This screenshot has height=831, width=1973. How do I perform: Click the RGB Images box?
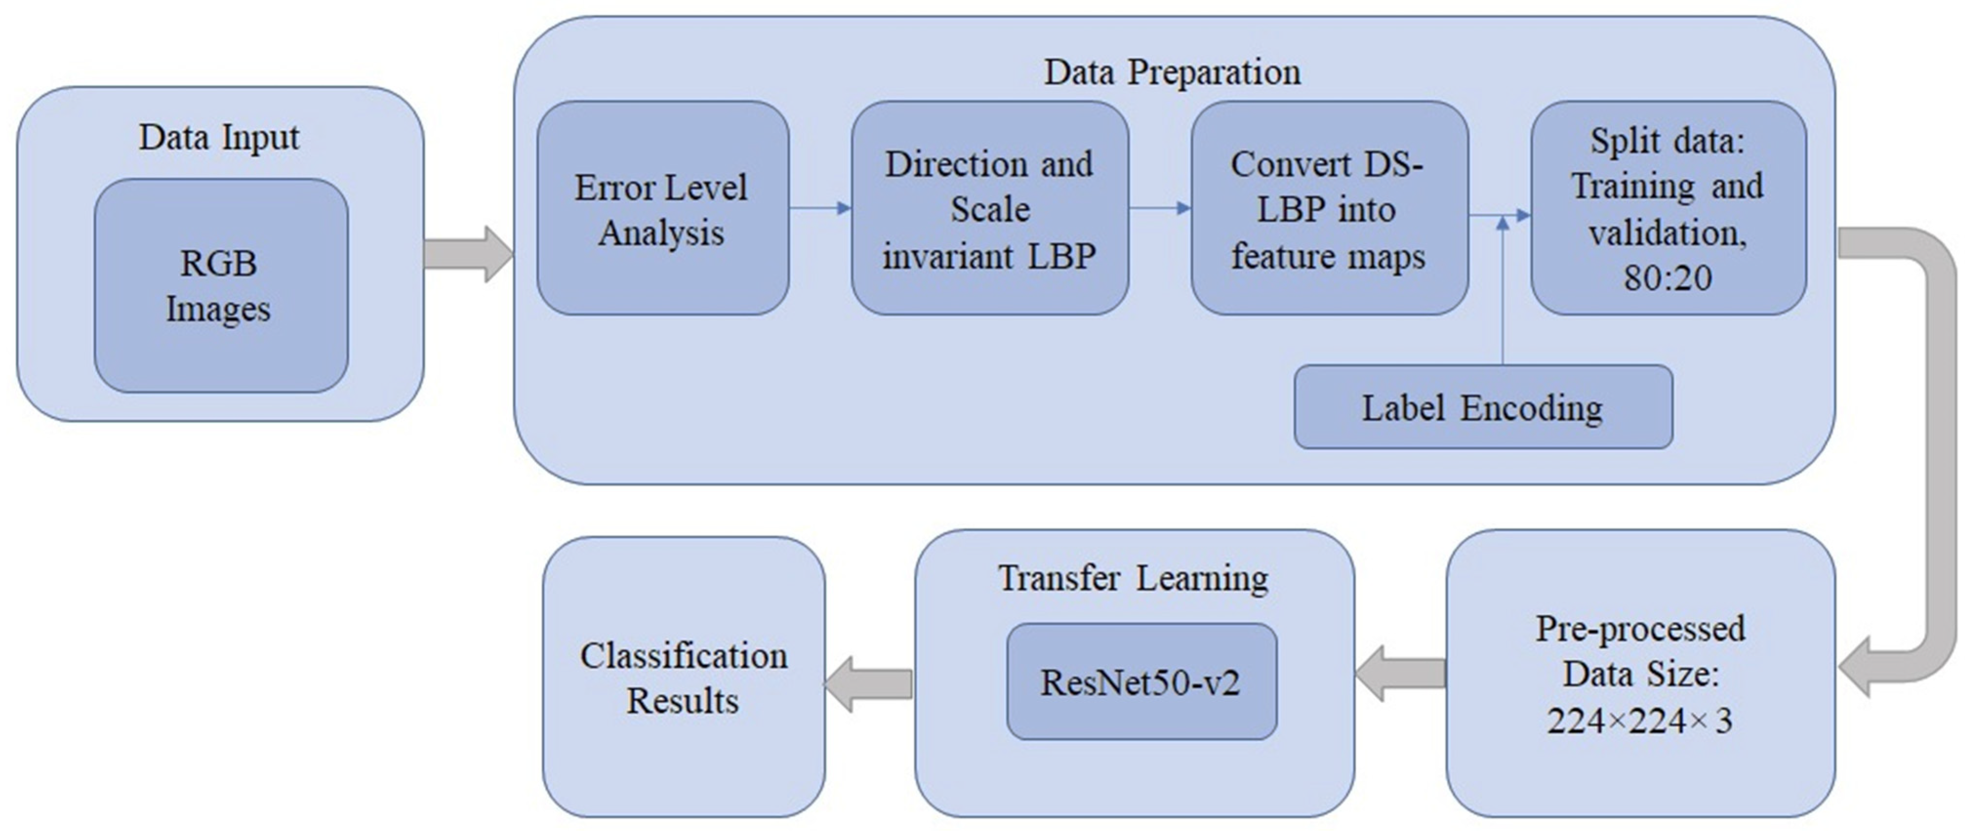[221, 285]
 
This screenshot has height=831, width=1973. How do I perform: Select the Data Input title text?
[219, 138]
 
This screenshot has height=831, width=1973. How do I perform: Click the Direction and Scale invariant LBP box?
[989, 208]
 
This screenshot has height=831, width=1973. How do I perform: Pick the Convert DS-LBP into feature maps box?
[1329, 208]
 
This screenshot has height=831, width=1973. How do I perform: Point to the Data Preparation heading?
[1172, 73]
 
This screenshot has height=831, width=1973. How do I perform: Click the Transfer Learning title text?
[1133, 578]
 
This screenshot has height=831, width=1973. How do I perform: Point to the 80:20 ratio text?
[1668, 277]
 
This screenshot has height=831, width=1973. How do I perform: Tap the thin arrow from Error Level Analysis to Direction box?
[820, 207]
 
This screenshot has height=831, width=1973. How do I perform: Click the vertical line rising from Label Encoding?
[1503, 299]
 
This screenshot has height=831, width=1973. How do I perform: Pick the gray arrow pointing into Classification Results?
[869, 683]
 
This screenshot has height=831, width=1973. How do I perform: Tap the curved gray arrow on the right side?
[1930, 460]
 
